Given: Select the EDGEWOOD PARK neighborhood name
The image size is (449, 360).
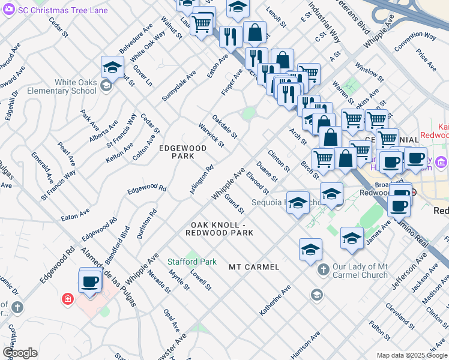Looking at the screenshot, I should [182, 152].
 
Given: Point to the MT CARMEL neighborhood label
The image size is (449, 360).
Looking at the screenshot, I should [254, 266].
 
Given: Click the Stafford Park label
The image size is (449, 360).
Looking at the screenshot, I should [191, 262].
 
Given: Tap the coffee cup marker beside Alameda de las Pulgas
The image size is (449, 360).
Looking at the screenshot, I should [90, 281].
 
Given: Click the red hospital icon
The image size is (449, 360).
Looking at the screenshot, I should [68, 298].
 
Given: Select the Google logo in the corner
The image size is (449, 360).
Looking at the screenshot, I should [20, 353].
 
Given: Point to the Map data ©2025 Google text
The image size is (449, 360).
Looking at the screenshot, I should [411, 355].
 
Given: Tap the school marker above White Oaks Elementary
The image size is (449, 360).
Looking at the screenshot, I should [112, 68].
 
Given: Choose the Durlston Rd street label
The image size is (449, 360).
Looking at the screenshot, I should [146, 224].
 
